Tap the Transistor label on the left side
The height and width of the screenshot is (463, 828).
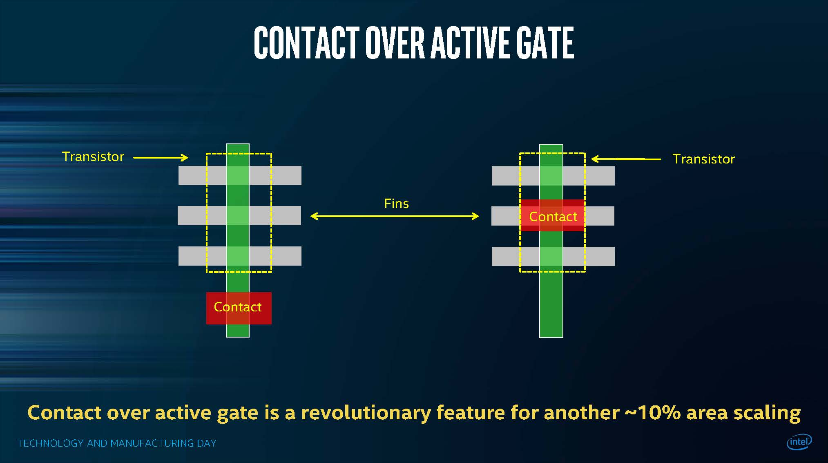pyautogui.click(x=93, y=157)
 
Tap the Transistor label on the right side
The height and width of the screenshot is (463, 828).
pyautogui.click(x=703, y=159)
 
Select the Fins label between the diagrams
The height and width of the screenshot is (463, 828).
pyautogui.click(x=396, y=204)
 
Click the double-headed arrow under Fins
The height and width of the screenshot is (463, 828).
pyautogui.click(x=395, y=216)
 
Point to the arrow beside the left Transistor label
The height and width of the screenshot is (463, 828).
pyautogui.click(x=161, y=157)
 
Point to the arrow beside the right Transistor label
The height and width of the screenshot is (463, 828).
pyautogui.click(x=626, y=159)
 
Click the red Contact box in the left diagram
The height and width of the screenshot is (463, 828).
pyautogui.click(x=239, y=308)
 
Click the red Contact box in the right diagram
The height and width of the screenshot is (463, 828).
pyautogui.click(x=553, y=216)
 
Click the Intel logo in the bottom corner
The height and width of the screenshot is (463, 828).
pyautogui.click(x=799, y=441)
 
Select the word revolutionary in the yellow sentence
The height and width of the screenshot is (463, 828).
pyautogui.click(x=366, y=413)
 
